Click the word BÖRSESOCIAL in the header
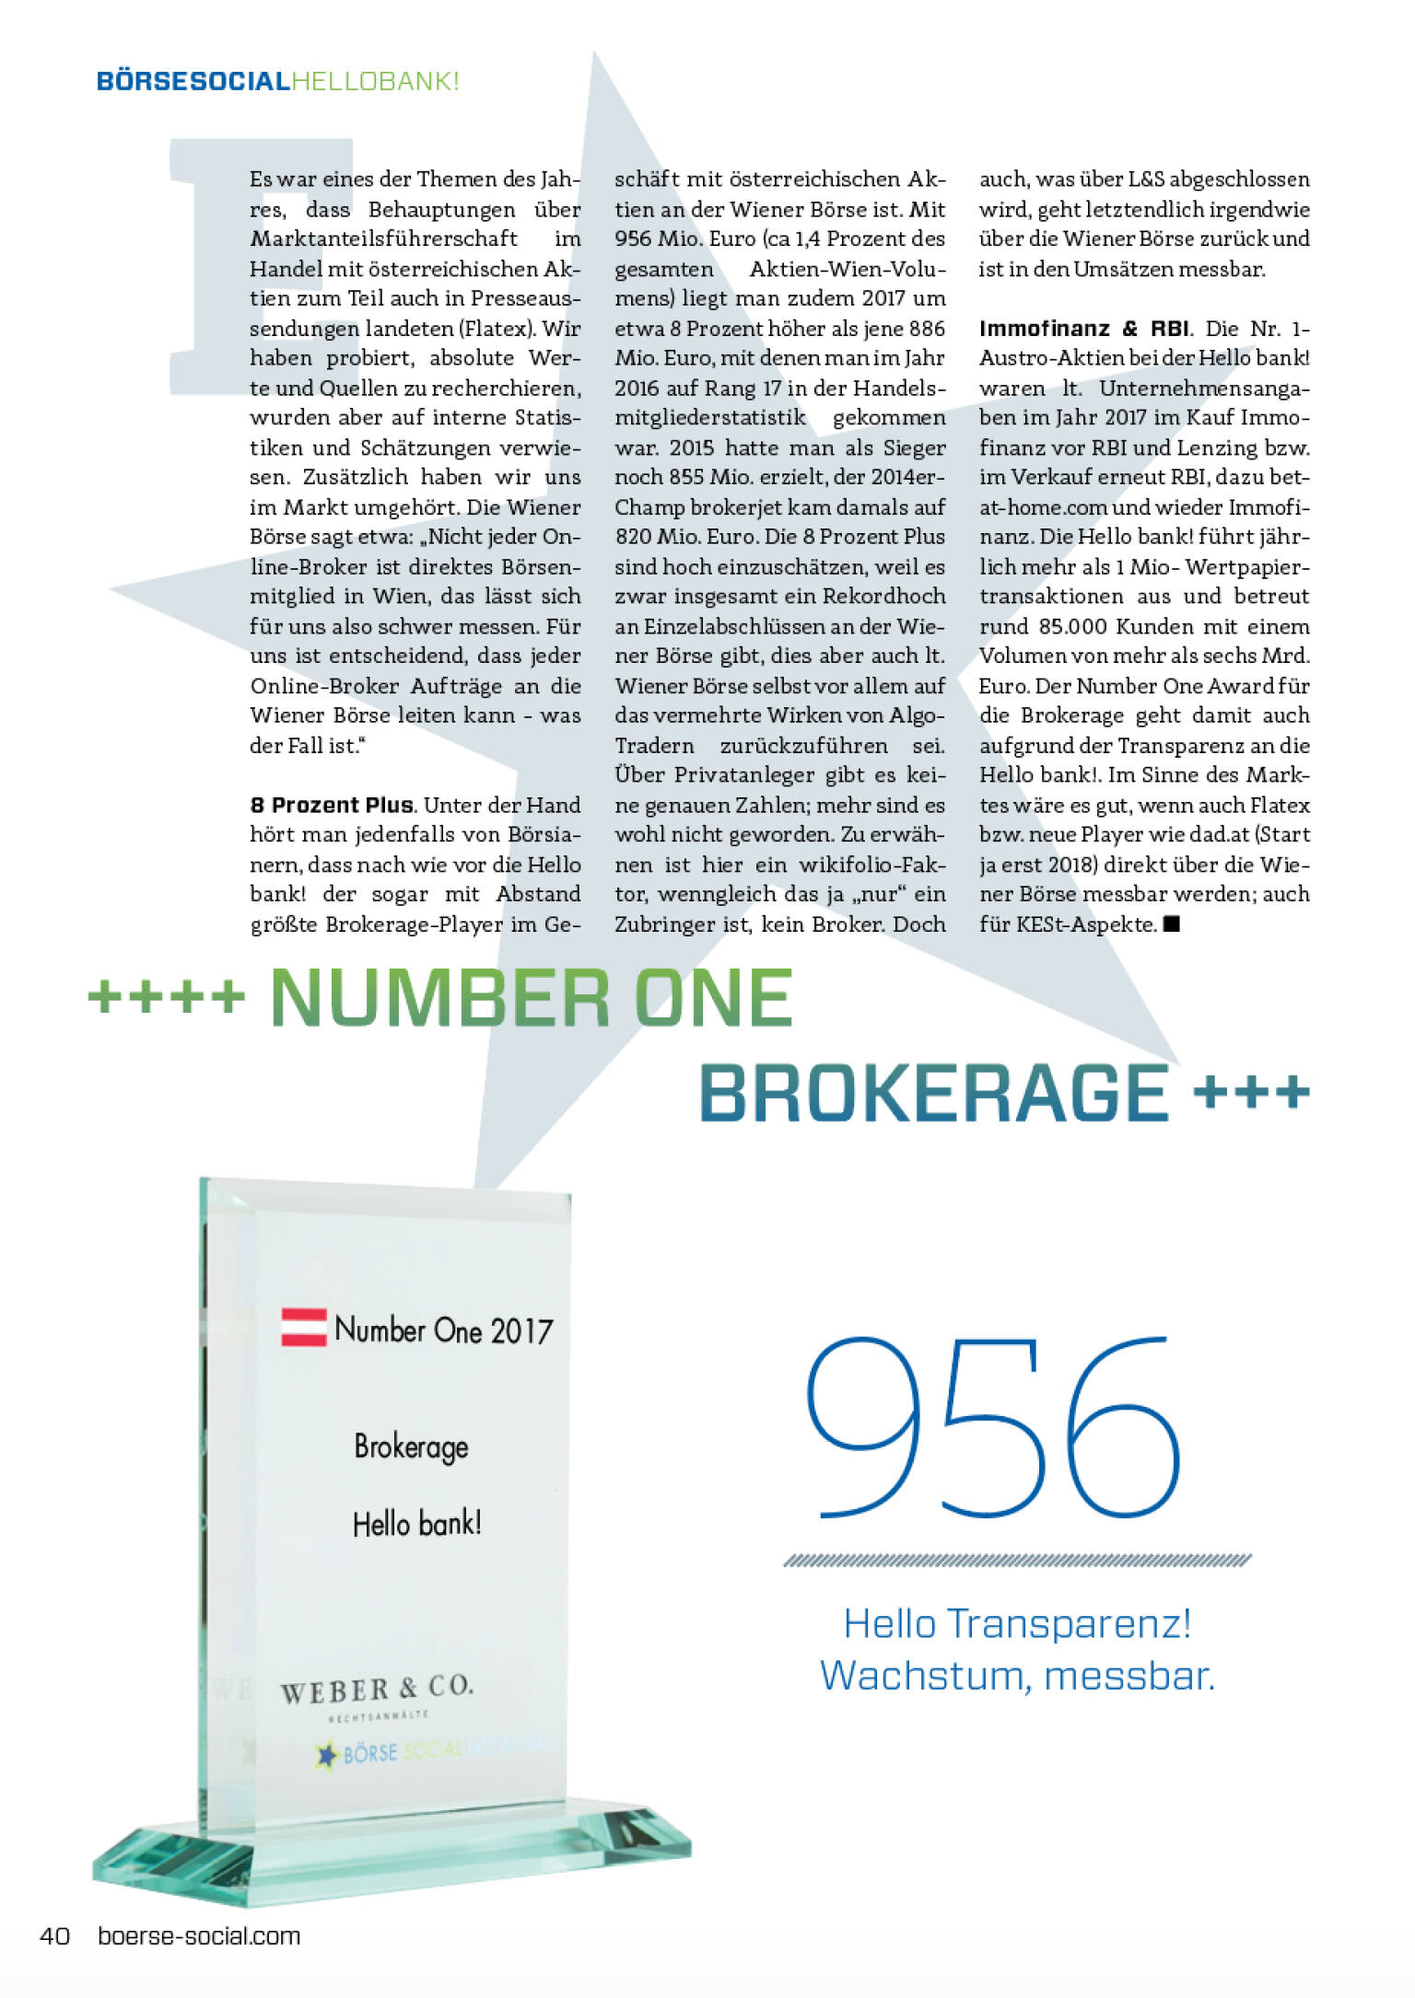click(x=193, y=81)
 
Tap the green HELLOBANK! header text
click(x=375, y=81)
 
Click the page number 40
click(x=54, y=1935)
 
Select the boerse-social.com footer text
click(x=199, y=1935)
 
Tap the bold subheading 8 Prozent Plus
click(x=332, y=805)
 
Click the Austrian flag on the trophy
click(x=304, y=1327)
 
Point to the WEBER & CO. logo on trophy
click(x=377, y=1690)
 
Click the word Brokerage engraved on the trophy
click(x=411, y=1446)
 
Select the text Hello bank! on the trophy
click(x=416, y=1524)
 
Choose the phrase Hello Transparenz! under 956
click(x=1017, y=1623)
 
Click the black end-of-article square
click(x=1172, y=923)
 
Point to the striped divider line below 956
click(x=1017, y=1560)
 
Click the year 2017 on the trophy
click(x=521, y=1331)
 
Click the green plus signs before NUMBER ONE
click(x=167, y=996)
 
